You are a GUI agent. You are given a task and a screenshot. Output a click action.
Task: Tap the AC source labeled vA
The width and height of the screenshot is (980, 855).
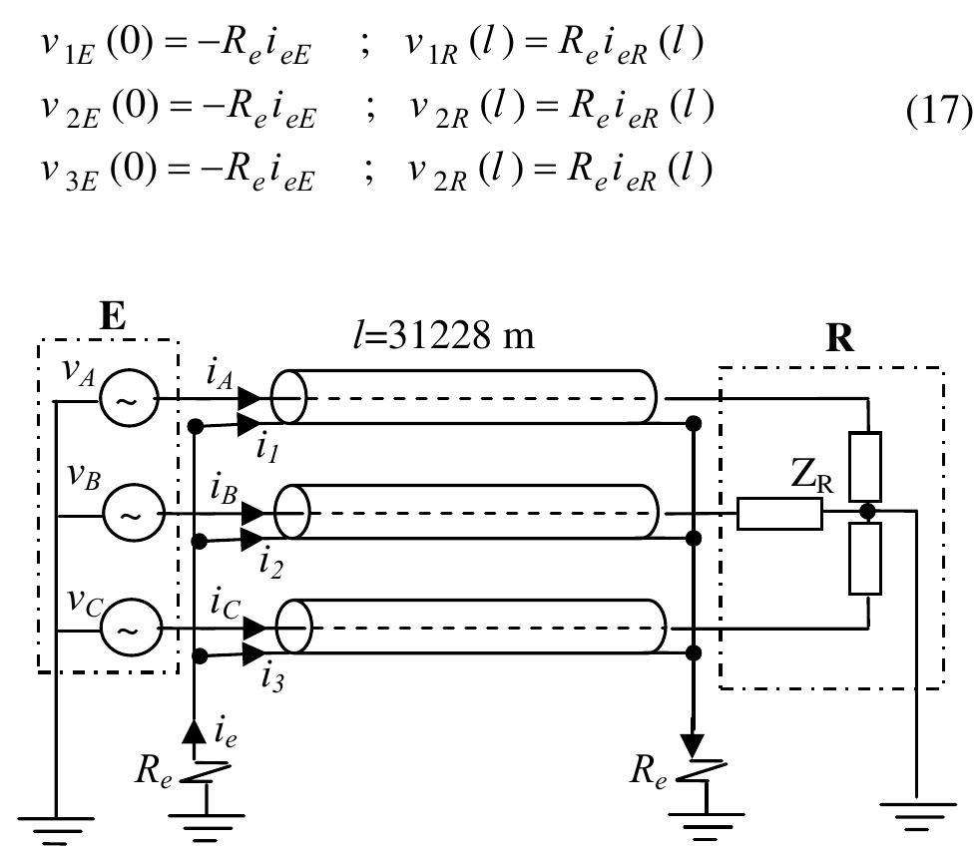(127, 399)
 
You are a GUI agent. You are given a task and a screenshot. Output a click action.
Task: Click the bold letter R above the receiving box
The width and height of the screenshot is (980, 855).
(840, 339)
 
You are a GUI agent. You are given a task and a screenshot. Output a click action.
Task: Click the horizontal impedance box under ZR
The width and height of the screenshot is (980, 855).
(779, 514)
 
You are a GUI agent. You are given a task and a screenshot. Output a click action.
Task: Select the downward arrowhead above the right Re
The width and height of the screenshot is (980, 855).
(693, 744)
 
